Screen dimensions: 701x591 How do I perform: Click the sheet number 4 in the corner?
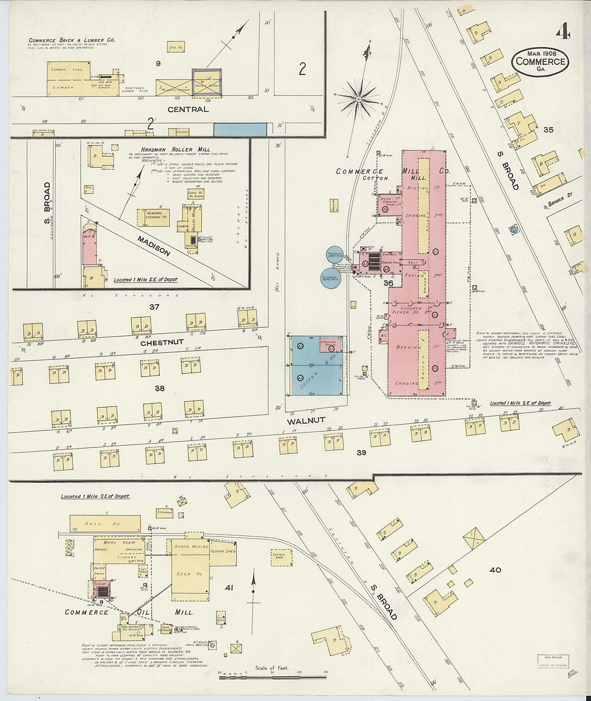click(x=563, y=33)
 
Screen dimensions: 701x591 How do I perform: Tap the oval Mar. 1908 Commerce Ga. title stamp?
click(x=540, y=61)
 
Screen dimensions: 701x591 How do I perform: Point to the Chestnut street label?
click(x=162, y=342)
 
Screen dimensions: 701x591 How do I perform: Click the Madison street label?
click(x=153, y=246)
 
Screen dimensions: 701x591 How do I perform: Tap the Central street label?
click(x=188, y=109)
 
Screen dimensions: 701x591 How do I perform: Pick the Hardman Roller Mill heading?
click(x=168, y=149)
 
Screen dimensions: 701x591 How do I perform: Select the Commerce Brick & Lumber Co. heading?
click(x=72, y=40)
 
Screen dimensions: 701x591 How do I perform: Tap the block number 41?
click(x=228, y=588)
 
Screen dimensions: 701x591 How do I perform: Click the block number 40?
click(x=495, y=570)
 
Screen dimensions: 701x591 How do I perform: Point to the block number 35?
click(x=548, y=129)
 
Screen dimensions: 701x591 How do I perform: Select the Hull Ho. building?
click(x=105, y=523)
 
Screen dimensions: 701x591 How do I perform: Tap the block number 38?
click(x=160, y=388)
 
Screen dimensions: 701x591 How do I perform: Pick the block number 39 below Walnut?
click(x=361, y=453)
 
